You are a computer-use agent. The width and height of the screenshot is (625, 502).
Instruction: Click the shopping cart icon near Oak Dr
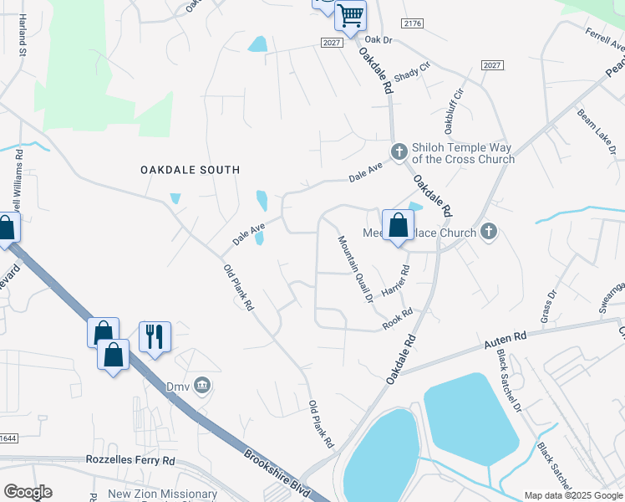(351, 15)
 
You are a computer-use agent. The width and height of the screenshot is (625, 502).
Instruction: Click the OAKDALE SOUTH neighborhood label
(190, 170)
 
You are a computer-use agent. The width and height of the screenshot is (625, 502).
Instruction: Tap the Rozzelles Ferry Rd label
(130, 460)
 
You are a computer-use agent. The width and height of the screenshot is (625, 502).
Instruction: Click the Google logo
(28, 492)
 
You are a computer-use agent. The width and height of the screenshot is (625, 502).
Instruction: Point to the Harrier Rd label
(396, 282)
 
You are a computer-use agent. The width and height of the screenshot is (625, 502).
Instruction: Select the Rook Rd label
(398, 320)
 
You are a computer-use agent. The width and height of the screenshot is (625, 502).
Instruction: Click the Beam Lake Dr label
(596, 131)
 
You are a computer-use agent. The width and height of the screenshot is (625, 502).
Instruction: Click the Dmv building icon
(201, 386)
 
